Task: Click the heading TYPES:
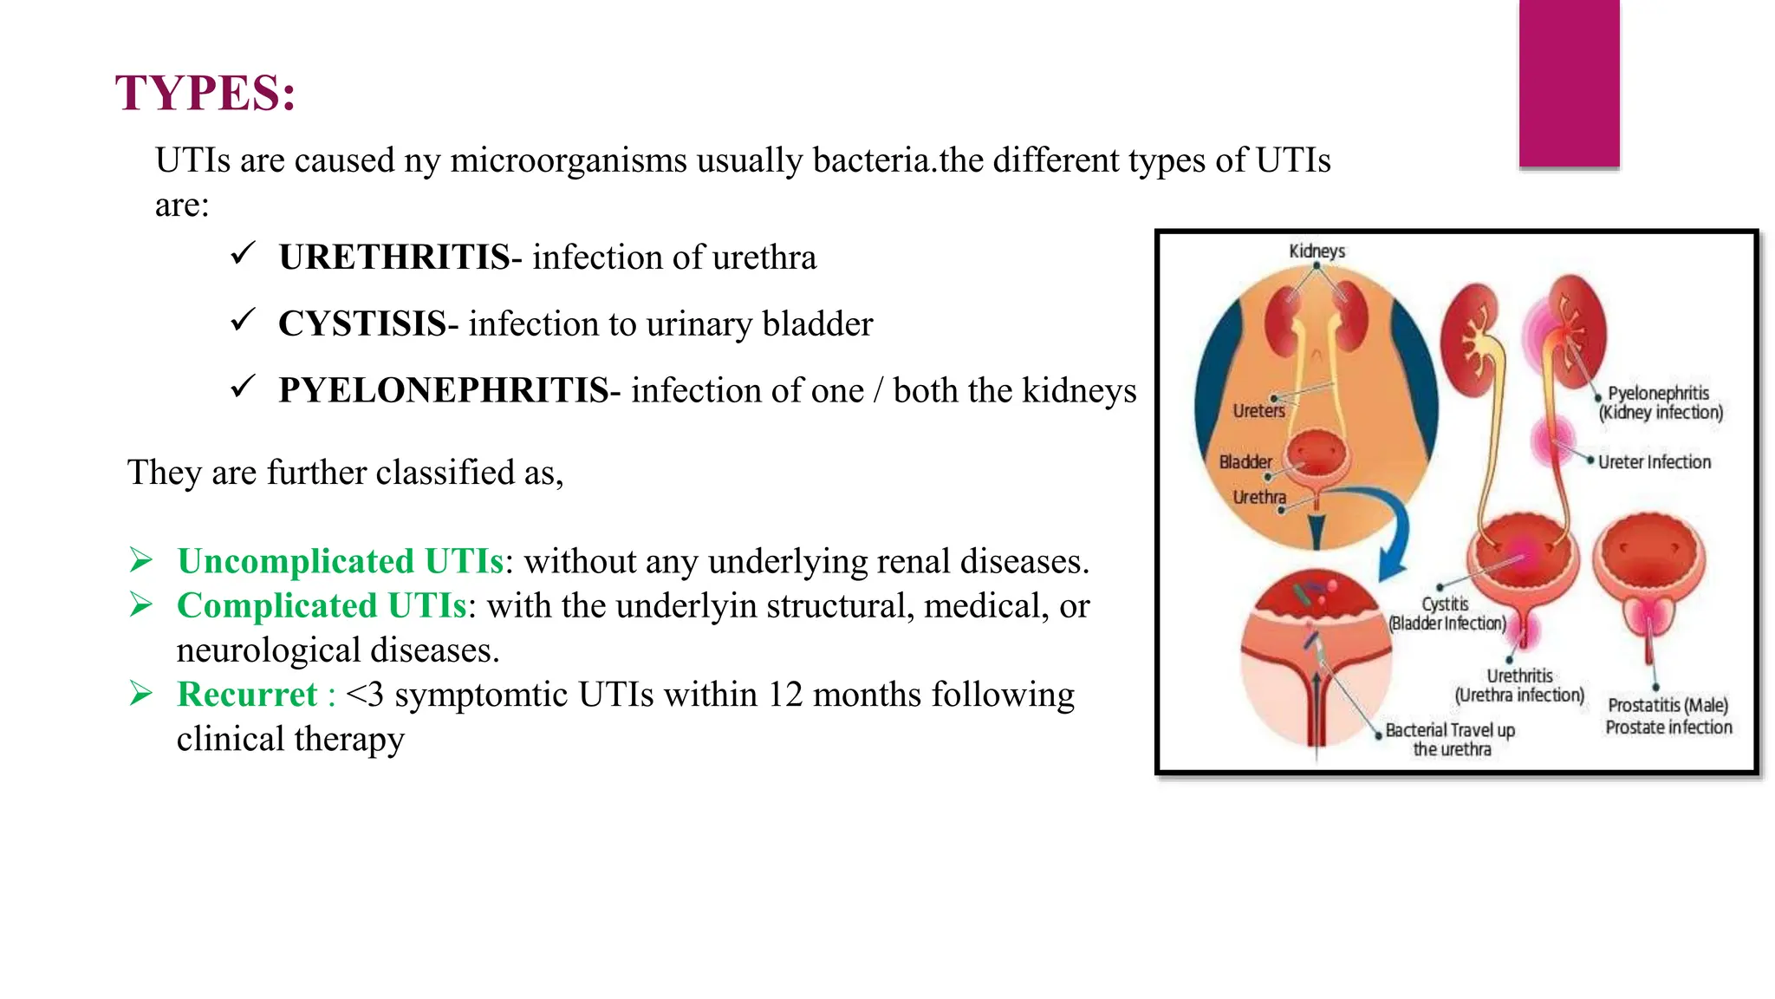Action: (205, 94)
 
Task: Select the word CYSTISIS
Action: (362, 324)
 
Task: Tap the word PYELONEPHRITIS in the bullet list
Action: (443, 391)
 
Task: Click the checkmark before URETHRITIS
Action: (243, 254)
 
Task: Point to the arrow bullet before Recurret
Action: (141, 693)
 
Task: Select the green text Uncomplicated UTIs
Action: (340, 562)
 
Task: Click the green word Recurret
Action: (247, 695)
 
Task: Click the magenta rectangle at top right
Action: (1569, 82)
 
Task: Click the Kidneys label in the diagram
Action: (1317, 251)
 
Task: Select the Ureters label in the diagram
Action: (1258, 411)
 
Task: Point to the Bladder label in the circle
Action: (1245, 462)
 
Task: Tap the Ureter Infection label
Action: (1654, 462)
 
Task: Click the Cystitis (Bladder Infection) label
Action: (1447, 614)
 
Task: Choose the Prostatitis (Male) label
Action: (1668, 706)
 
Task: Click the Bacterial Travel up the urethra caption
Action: (1450, 740)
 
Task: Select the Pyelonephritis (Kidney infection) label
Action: (1660, 403)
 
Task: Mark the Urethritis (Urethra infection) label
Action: (1519, 686)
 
